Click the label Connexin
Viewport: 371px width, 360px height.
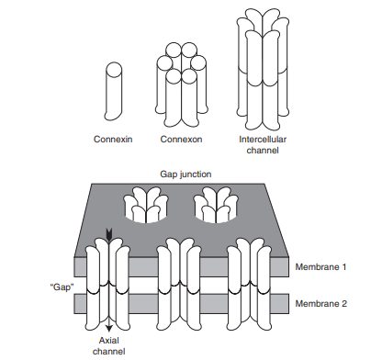pyautogui.click(x=113, y=140)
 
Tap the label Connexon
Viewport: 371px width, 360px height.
pyautogui.click(x=181, y=140)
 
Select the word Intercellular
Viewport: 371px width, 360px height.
pyautogui.click(x=263, y=140)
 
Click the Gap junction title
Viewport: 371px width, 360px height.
pyautogui.click(x=185, y=174)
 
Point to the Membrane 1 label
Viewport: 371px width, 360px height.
pyautogui.click(x=320, y=267)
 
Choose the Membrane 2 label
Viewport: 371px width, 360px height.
pyautogui.click(x=321, y=304)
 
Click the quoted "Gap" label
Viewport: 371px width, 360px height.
pyautogui.click(x=62, y=287)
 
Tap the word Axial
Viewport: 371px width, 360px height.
pyautogui.click(x=109, y=341)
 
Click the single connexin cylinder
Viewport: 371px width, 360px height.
pyautogui.click(x=113, y=91)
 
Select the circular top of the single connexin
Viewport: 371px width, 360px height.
pyautogui.click(x=114, y=70)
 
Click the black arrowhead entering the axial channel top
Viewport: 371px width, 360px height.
pyautogui.click(x=108, y=235)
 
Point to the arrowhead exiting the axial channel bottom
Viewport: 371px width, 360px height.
pyautogui.click(x=109, y=329)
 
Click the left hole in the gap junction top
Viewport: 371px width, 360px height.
pyautogui.click(x=146, y=206)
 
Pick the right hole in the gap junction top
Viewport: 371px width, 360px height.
pyautogui.click(x=216, y=206)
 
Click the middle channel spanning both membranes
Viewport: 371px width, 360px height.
pyautogui.click(x=179, y=285)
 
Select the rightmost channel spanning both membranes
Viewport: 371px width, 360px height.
pyautogui.click(x=249, y=285)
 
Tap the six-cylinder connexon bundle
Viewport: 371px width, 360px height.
pyautogui.click(x=181, y=84)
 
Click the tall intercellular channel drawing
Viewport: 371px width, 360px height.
pyautogui.click(x=263, y=70)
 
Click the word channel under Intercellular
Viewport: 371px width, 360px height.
pyautogui.click(x=263, y=151)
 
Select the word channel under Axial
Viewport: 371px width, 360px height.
pyautogui.click(x=109, y=352)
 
